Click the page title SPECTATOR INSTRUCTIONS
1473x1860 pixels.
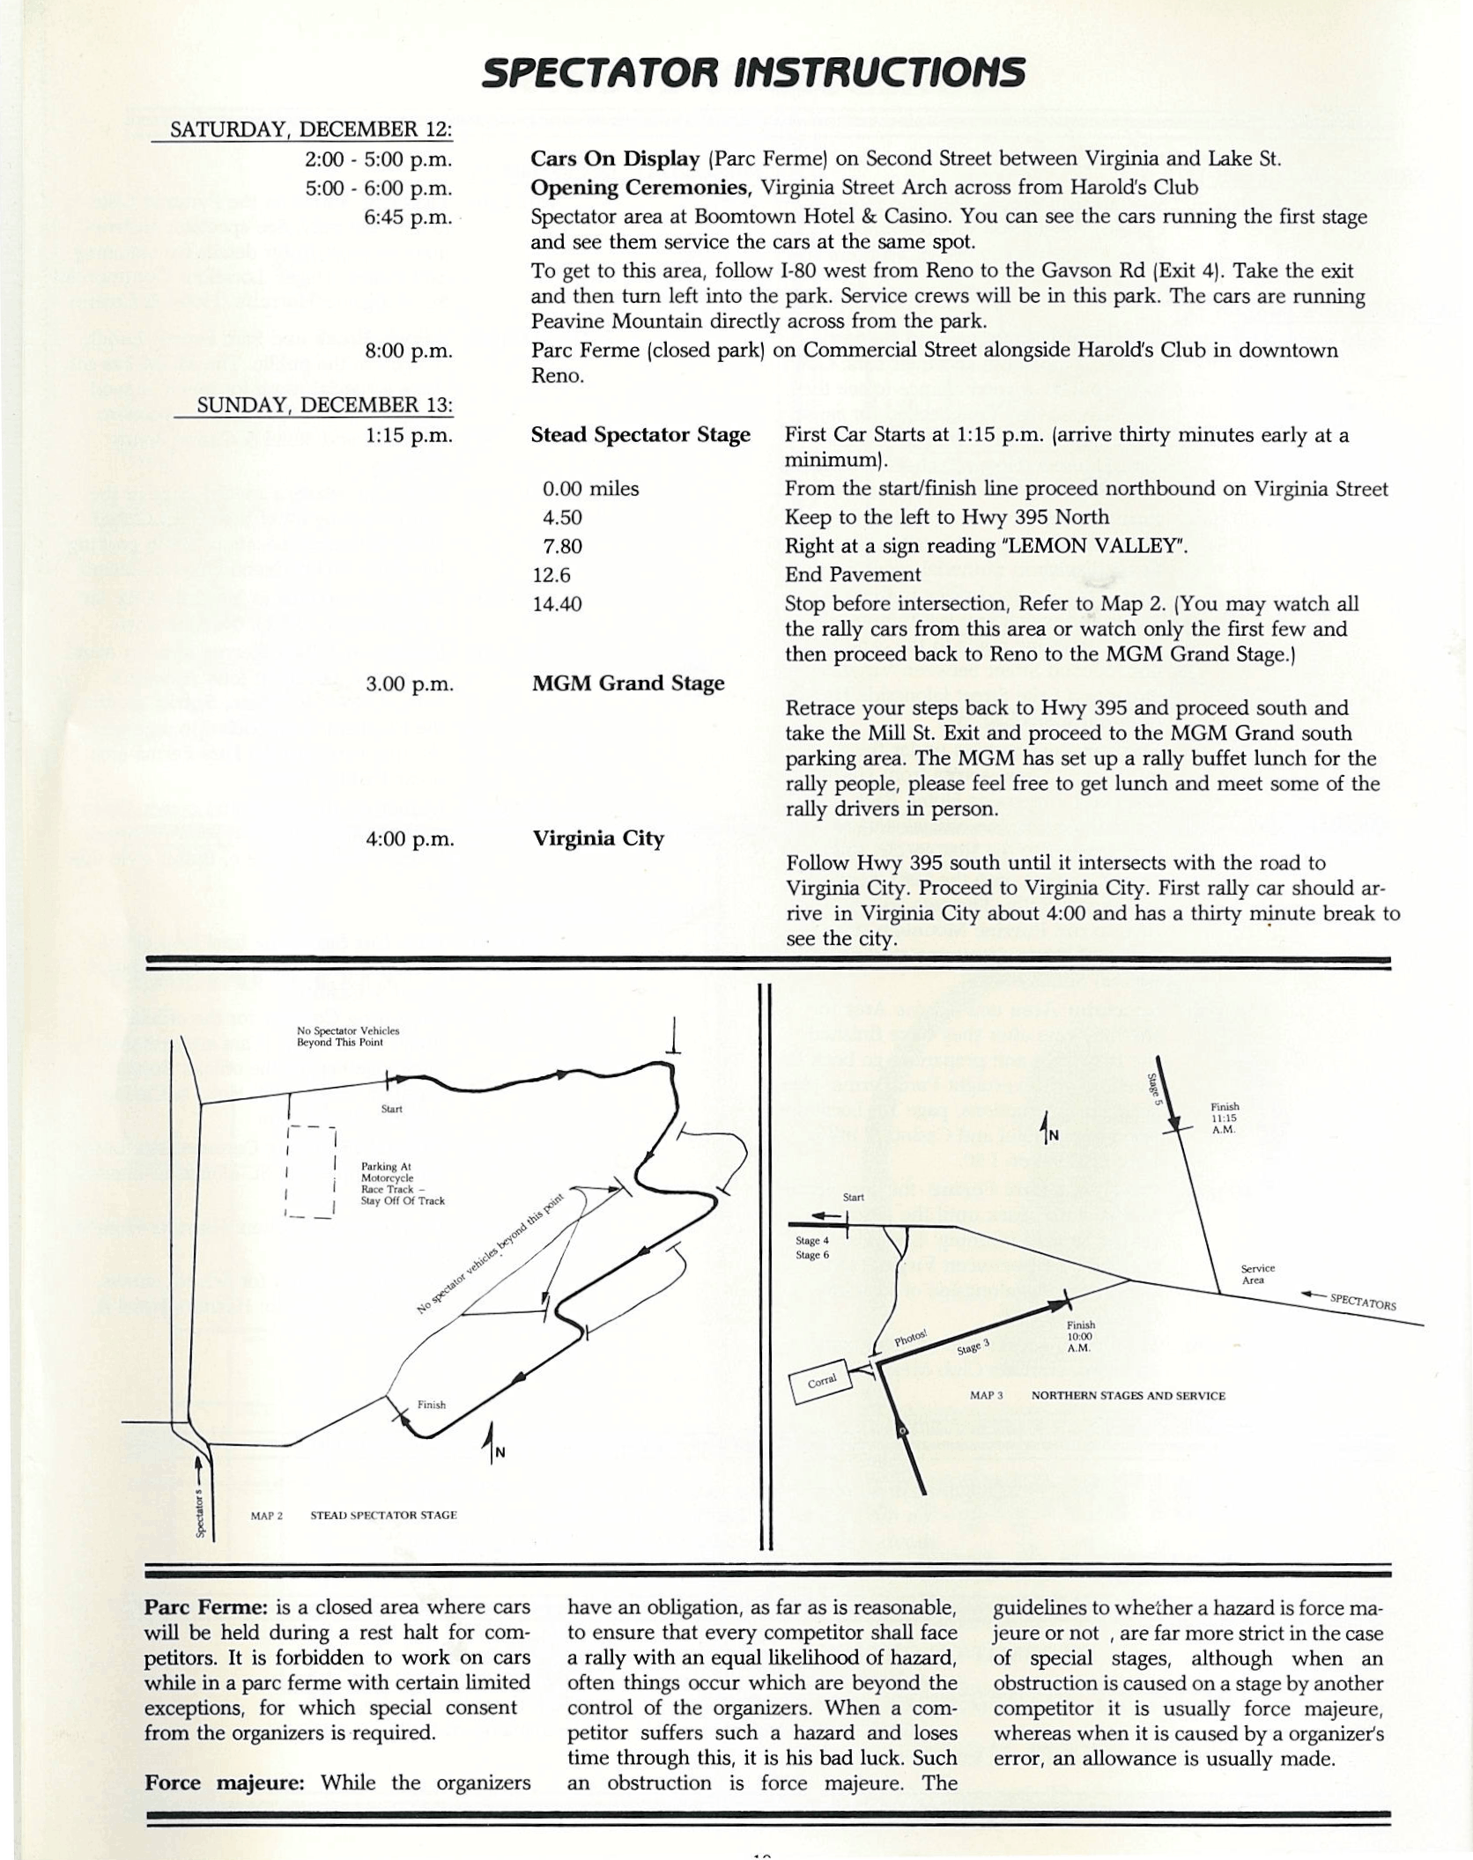click(x=753, y=73)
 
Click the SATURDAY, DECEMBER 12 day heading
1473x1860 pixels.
click(x=310, y=129)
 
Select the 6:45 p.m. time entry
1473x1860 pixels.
click(x=408, y=217)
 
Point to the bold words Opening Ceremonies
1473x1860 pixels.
click(x=640, y=188)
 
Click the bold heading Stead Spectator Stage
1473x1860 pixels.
click(x=640, y=435)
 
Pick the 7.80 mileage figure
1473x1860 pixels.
click(x=562, y=546)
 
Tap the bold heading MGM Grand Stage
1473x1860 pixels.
click(x=627, y=683)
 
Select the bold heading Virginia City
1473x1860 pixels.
click(x=597, y=838)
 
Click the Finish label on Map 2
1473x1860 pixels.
click(x=432, y=1405)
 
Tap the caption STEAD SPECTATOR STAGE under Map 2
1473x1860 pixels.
click(x=383, y=1516)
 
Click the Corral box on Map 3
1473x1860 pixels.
click(x=823, y=1382)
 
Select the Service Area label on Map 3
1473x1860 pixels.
click(x=1257, y=1274)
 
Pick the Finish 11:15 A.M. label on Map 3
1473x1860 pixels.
click(x=1225, y=1118)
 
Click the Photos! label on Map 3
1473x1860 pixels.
click(x=910, y=1340)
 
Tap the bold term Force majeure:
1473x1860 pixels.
click(x=224, y=1783)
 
